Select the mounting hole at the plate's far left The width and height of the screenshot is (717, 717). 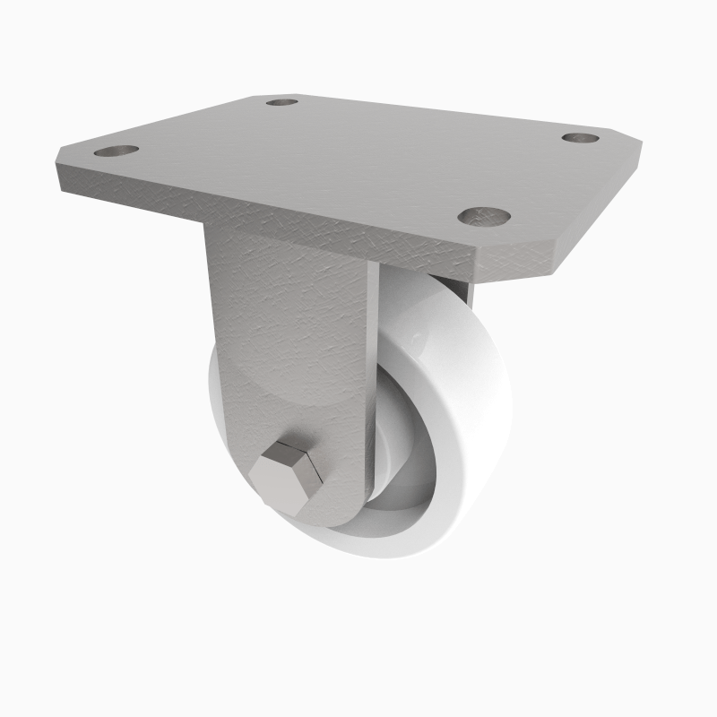pyautogui.click(x=117, y=151)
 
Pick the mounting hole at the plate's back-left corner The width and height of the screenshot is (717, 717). pyautogui.click(x=282, y=102)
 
